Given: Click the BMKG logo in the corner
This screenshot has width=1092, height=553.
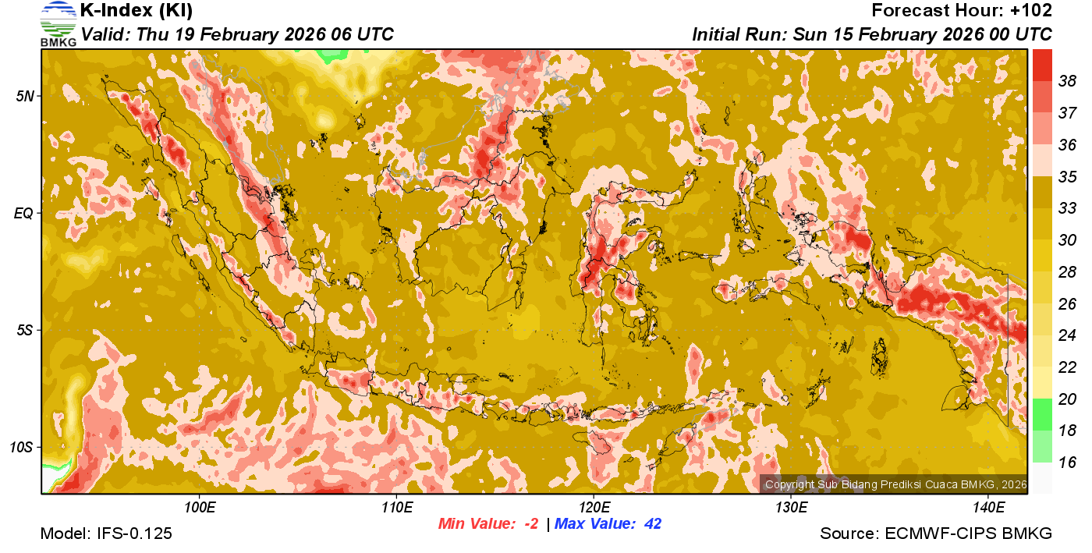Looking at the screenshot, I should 58,24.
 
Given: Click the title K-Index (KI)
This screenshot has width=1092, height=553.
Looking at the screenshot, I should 136,11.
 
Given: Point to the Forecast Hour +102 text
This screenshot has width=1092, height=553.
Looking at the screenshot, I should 962,11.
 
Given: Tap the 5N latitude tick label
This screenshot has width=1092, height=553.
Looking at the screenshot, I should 25,96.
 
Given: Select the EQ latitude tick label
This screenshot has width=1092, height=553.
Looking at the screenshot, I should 25,213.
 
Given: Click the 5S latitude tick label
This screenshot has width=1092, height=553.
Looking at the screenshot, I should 25,330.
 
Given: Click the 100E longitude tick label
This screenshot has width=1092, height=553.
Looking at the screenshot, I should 200,507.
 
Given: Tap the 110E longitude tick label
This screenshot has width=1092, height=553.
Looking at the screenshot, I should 397,507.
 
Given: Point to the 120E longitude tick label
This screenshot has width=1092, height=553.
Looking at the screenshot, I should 594,507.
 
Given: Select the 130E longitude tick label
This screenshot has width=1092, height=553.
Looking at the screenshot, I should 791,507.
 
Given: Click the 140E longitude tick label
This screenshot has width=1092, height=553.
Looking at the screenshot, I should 988,507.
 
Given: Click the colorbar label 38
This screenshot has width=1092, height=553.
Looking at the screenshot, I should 1067,80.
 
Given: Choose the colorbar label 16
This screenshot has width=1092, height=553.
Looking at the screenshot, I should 1067,462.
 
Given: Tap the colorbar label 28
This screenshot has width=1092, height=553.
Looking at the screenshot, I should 1067,271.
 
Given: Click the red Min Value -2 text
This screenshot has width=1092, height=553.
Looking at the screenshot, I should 488,524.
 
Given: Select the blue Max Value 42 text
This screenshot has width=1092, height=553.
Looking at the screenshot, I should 608,524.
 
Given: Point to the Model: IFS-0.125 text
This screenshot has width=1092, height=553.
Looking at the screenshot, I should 106,534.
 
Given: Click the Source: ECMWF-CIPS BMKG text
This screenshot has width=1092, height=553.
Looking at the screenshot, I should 936,534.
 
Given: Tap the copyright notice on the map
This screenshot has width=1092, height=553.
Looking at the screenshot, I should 895,484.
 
